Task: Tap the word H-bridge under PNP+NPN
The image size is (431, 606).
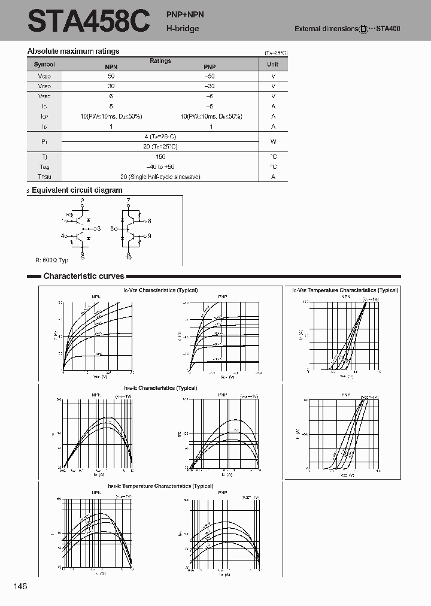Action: tap(183, 28)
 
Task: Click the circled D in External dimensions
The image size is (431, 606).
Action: tap(363, 29)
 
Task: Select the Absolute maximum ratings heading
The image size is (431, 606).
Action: tap(73, 51)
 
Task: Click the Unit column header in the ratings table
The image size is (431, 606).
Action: tap(273, 64)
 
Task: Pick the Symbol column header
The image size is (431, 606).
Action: tap(44, 64)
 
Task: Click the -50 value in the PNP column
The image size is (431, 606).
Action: tap(210, 77)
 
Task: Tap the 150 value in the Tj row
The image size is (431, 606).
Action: tap(160, 156)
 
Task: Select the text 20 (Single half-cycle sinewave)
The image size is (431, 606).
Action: tap(160, 177)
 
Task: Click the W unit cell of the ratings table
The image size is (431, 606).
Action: tap(273, 141)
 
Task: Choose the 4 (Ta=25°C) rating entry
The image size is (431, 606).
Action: tap(160, 137)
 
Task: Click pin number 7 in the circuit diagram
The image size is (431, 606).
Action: tap(128, 199)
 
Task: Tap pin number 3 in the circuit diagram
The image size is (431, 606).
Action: tap(99, 228)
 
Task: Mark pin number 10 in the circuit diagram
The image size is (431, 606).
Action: tap(128, 257)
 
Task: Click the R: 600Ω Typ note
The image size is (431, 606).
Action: tap(52, 260)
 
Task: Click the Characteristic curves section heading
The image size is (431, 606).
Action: tap(84, 276)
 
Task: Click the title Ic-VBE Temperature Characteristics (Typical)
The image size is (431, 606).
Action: tap(345, 290)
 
